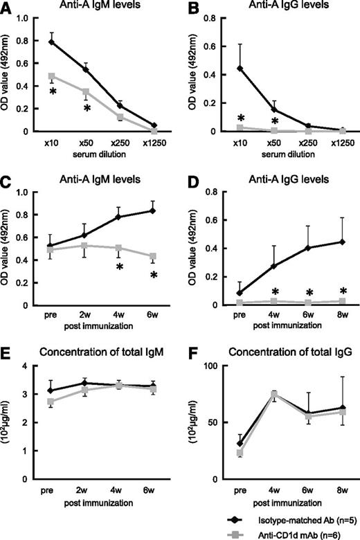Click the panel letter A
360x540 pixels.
[x=6, y=8]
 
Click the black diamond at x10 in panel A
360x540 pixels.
[x=52, y=42]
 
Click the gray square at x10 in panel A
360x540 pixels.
[x=52, y=75]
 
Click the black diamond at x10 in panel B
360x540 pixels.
[x=239, y=69]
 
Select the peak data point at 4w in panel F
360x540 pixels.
[x=273, y=394]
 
